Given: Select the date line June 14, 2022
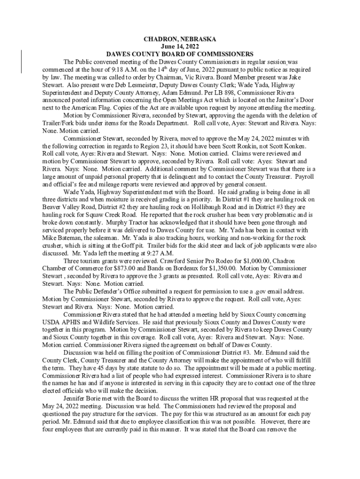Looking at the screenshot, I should [x=180, y=47].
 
